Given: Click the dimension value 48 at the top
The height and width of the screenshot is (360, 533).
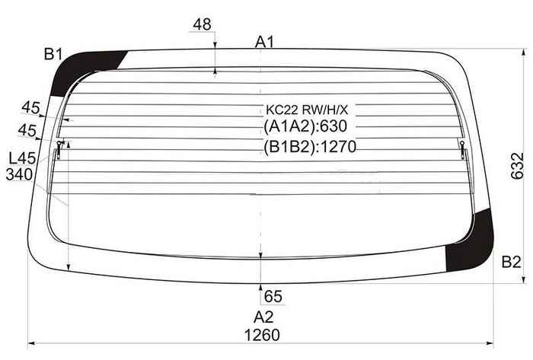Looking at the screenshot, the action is (202, 24).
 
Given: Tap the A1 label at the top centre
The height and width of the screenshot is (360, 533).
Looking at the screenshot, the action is (264, 42).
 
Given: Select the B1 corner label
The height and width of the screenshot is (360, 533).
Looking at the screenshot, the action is (53, 54).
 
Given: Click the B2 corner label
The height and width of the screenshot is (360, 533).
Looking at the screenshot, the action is (511, 262).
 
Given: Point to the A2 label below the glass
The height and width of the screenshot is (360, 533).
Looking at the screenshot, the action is (263, 317).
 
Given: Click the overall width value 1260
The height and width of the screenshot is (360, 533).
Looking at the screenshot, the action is (262, 335).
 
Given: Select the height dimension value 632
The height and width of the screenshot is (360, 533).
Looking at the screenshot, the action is (517, 166).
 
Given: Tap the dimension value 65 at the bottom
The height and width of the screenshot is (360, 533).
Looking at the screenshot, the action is (273, 297).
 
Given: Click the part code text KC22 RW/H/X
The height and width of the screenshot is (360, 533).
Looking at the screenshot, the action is (307, 110).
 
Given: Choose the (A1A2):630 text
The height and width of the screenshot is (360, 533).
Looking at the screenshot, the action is (305, 126).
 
